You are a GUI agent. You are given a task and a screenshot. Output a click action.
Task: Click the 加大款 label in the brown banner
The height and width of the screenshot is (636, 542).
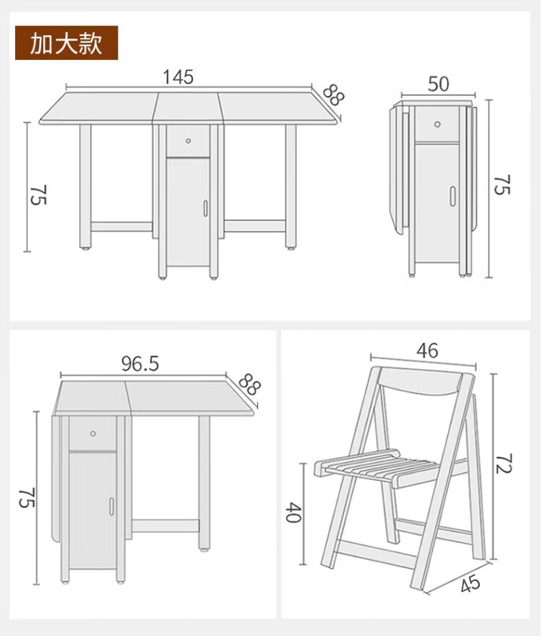(x=66, y=43)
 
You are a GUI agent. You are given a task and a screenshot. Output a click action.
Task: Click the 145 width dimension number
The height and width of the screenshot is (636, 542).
(x=178, y=77)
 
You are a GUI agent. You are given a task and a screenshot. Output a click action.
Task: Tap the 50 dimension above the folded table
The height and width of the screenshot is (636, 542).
(x=439, y=84)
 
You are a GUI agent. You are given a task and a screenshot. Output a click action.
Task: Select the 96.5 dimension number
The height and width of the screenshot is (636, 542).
(x=140, y=364)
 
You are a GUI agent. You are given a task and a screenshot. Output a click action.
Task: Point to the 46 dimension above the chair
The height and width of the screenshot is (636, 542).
(x=427, y=351)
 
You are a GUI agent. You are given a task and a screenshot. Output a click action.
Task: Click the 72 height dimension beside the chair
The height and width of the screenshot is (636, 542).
(x=504, y=463)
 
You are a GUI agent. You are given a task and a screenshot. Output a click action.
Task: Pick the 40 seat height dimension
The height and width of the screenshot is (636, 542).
(x=293, y=512)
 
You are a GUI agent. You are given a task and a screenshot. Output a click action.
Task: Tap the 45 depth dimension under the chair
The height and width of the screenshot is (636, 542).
(x=470, y=584)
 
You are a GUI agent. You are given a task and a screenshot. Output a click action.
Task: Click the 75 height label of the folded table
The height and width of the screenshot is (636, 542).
(x=502, y=185)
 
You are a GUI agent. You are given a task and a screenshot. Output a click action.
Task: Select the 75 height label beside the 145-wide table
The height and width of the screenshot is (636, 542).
(x=38, y=194)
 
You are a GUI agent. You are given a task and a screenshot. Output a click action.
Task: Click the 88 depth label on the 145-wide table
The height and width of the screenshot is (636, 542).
(x=333, y=95)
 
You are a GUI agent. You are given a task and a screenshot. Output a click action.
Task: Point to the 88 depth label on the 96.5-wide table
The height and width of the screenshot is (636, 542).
(x=249, y=384)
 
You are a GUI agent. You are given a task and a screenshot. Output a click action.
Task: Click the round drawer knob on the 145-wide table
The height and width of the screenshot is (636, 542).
(x=188, y=141)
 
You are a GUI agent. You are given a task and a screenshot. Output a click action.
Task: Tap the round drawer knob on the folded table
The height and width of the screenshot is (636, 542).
(x=437, y=124)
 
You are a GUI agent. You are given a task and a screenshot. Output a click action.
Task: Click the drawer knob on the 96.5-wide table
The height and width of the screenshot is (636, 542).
(x=93, y=434)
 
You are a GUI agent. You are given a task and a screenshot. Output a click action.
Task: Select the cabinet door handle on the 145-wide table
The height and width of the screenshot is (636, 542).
(x=205, y=207)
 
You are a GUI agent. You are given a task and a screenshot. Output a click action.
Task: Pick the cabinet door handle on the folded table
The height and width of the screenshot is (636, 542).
(x=452, y=197)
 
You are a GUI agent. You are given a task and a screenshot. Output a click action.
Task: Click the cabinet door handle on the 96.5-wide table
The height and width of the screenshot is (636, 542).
(x=111, y=507)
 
